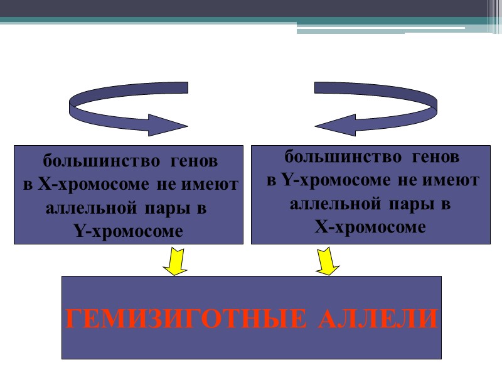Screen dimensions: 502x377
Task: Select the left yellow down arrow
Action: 175,261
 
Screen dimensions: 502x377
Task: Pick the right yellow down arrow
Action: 327,261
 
